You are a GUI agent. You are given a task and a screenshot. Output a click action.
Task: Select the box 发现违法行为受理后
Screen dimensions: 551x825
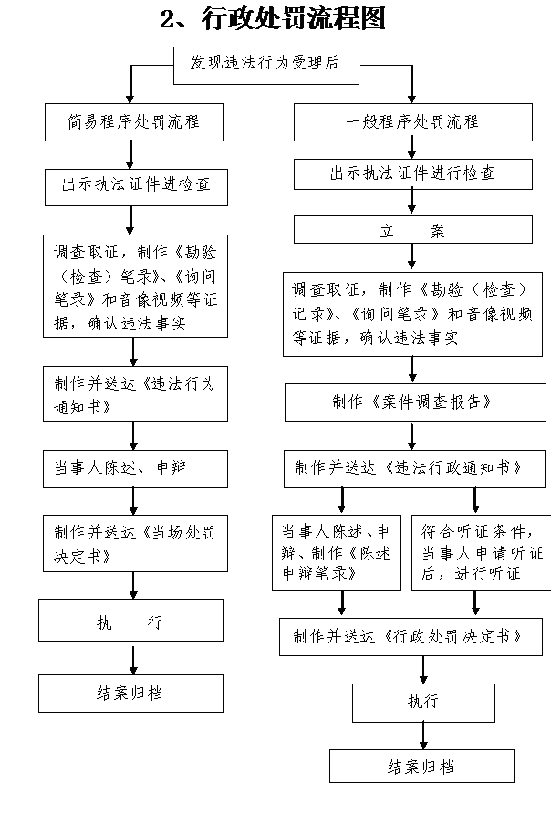pyautogui.click(x=266, y=65)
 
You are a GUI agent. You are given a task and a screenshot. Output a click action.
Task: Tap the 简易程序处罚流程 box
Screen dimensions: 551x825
pyautogui.click(x=134, y=122)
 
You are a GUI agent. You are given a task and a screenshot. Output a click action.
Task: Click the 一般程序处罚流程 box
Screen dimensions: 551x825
pyautogui.click(x=412, y=122)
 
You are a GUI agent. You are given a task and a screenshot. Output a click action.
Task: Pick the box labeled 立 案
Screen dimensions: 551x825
pyautogui.click(x=412, y=229)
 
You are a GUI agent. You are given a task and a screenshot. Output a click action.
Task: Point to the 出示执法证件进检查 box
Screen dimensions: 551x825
pyautogui.click(x=136, y=187)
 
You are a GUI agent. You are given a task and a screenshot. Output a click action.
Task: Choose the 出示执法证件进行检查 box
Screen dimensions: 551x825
pyautogui.click(x=412, y=174)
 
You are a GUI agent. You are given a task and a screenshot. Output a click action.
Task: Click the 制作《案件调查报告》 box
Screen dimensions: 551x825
pyautogui.click(x=415, y=402)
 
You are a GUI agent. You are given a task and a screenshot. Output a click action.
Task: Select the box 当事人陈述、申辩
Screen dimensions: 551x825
pyautogui.click(x=135, y=469)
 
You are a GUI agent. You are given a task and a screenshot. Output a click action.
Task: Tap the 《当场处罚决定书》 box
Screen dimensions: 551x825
pyautogui.click(x=135, y=544)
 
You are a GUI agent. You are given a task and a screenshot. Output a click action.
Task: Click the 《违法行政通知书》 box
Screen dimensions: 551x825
pyautogui.click(x=414, y=469)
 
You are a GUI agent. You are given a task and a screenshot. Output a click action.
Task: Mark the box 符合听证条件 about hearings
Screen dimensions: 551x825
pyautogui.click(x=482, y=553)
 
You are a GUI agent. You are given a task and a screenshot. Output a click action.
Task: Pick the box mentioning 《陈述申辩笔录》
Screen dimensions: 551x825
pyautogui.click(x=337, y=553)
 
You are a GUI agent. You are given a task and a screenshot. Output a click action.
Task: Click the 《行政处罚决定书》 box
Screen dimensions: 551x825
pyautogui.click(x=411, y=637)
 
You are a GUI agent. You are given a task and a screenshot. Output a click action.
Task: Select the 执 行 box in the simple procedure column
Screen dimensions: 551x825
pyautogui.click(x=131, y=620)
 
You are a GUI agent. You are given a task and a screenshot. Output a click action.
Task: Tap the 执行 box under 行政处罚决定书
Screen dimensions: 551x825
pyautogui.click(x=424, y=703)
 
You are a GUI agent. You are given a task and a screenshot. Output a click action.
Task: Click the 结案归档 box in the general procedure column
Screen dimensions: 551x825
pyautogui.click(x=421, y=766)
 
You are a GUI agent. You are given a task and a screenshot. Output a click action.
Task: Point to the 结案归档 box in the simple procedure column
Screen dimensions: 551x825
pyautogui.click(x=131, y=694)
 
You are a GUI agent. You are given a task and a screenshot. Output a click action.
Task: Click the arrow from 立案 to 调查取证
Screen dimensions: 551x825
pyautogui.click(x=412, y=257)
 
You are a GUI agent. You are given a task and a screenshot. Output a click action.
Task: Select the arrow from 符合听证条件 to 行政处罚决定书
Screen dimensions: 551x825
pyautogui.click(x=475, y=604)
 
